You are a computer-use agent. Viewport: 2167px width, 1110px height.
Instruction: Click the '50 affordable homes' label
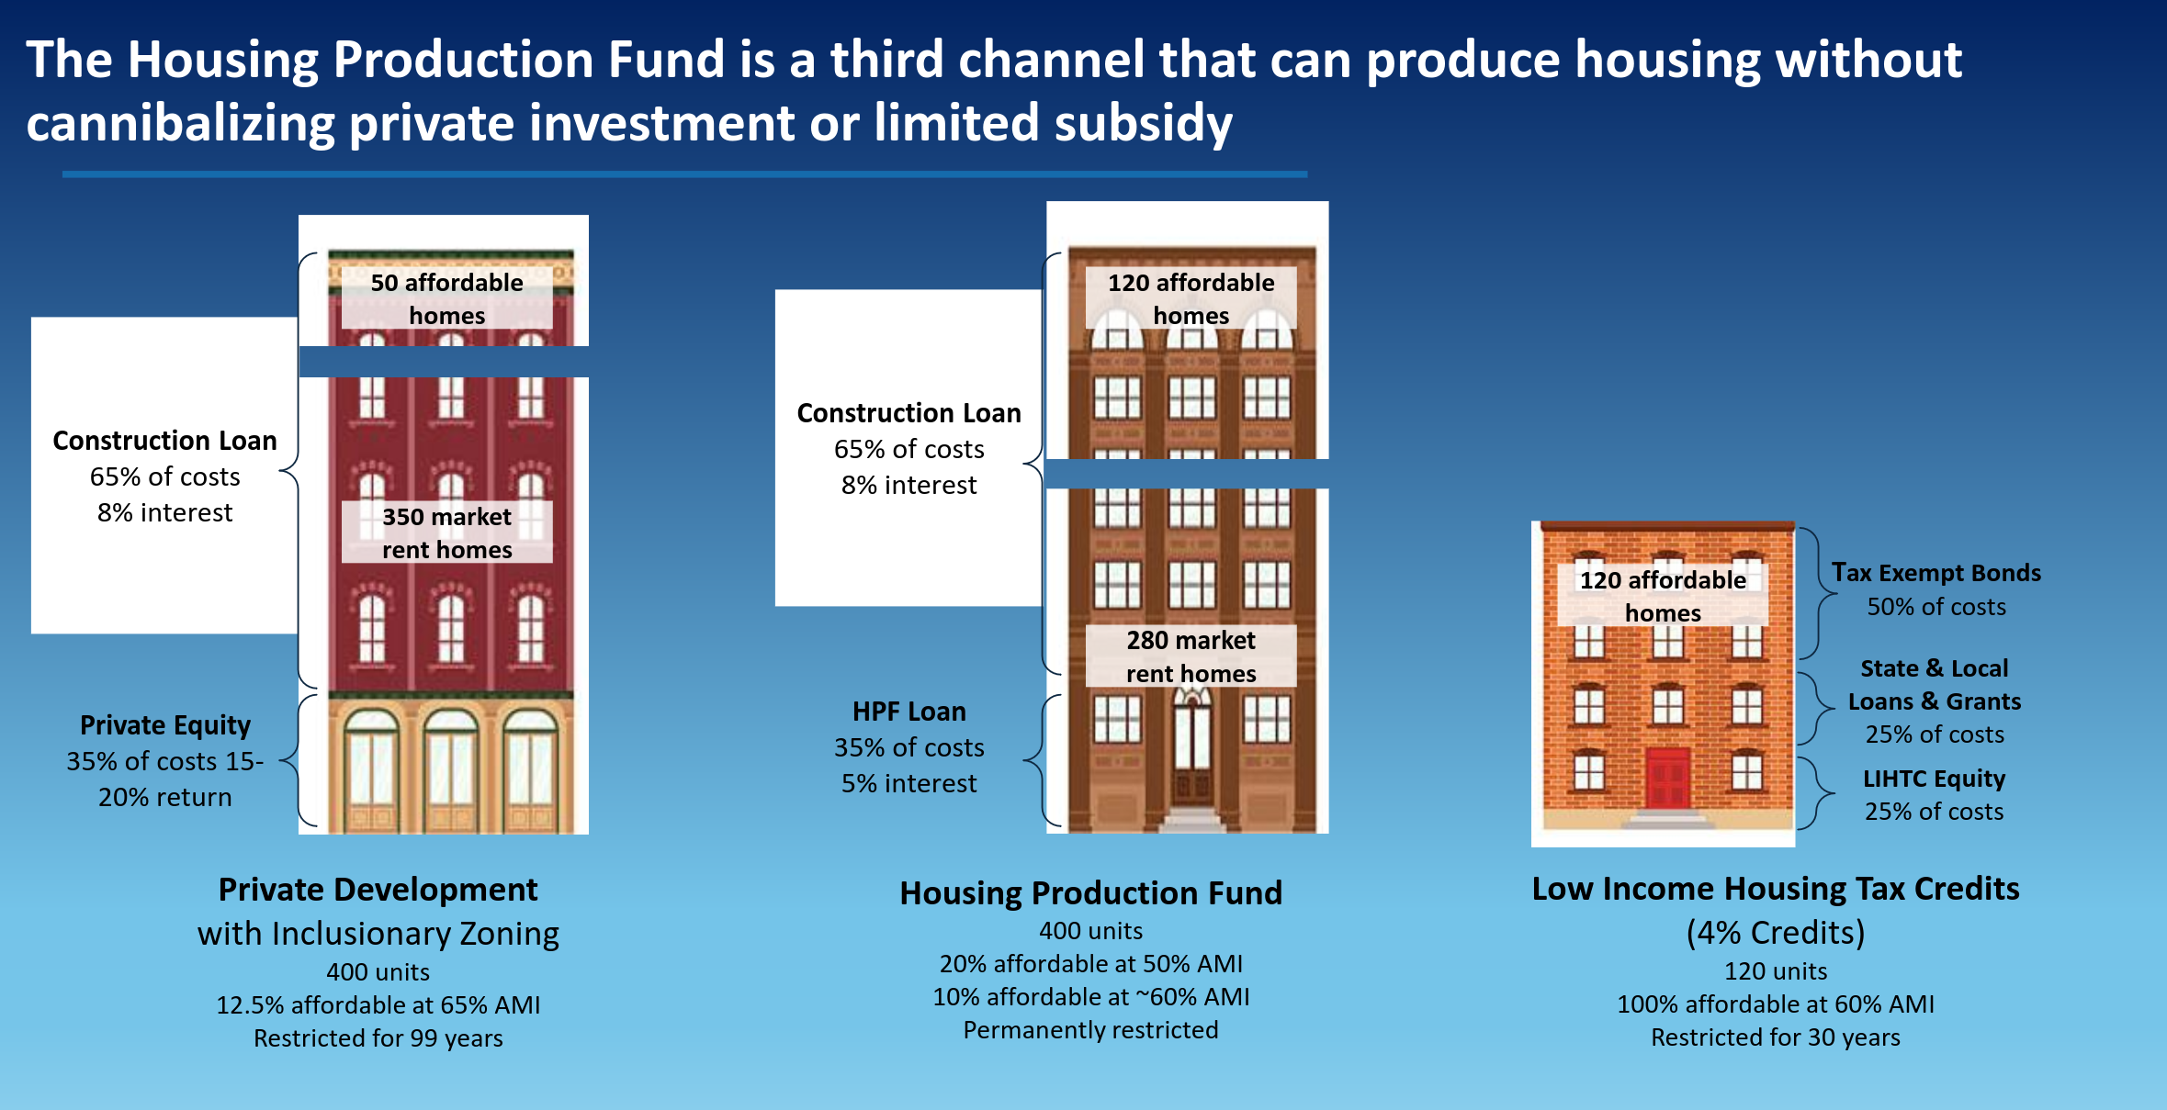click(447, 298)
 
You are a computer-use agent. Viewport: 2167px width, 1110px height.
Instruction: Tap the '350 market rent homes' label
click(447, 533)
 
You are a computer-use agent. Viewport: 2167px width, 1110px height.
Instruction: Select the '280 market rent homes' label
click(1191, 656)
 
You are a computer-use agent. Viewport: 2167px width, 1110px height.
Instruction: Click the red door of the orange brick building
click(1667, 779)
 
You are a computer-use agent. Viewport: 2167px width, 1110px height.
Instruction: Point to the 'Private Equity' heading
click(165, 725)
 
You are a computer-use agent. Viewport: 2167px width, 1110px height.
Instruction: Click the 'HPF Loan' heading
click(909, 712)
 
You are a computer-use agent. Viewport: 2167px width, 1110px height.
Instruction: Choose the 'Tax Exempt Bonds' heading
click(1936, 573)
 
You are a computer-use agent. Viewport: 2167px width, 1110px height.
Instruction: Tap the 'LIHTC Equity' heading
click(1935, 779)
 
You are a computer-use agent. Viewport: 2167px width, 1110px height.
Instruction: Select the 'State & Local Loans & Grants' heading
click(1935, 685)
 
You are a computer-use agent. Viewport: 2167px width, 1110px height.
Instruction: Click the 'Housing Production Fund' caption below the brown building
click(1091, 893)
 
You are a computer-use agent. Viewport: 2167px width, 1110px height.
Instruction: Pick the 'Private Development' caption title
click(378, 890)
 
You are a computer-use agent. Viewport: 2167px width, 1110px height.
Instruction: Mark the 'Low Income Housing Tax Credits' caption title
click(1776, 889)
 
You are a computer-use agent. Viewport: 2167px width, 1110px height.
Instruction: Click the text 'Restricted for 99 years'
click(378, 1038)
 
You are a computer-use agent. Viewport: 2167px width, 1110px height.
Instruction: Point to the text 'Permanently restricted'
click(1091, 1030)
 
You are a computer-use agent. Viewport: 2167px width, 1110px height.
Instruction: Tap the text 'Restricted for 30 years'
click(1776, 1037)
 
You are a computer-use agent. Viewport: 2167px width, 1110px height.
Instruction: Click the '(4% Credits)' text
click(1776, 933)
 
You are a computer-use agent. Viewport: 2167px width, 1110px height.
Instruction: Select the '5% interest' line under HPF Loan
click(909, 783)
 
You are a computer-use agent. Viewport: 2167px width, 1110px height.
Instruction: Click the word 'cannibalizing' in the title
click(180, 123)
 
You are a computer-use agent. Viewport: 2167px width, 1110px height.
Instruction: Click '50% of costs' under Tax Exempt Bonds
click(1936, 607)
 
